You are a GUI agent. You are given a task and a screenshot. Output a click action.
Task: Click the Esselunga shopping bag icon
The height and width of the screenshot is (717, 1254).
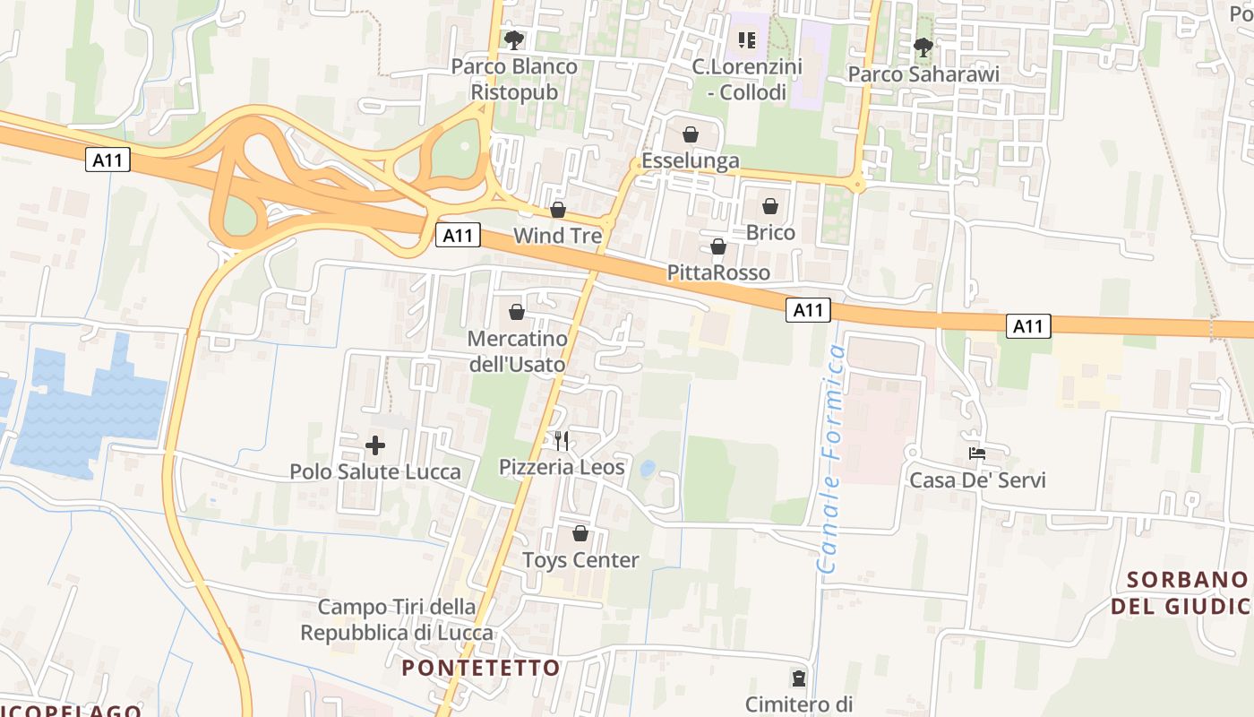pyautogui.click(x=691, y=135)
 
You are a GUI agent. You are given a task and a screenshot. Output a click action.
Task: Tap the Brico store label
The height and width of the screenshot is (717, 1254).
pyautogui.click(x=770, y=233)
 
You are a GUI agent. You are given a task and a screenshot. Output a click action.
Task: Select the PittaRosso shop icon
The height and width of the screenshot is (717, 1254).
pyautogui.click(x=717, y=246)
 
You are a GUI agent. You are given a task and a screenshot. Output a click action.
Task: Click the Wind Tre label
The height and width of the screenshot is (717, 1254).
pyautogui.click(x=557, y=236)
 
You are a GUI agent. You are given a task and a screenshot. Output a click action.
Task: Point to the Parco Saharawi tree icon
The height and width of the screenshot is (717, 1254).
pyautogui.click(x=923, y=47)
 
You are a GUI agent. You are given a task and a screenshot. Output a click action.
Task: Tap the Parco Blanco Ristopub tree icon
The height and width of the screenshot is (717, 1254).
pyautogui.click(x=513, y=39)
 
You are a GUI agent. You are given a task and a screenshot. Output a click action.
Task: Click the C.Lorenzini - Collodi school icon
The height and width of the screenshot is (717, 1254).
pyautogui.click(x=746, y=39)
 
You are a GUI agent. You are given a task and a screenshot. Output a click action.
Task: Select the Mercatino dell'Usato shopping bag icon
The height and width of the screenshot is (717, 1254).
pyautogui.click(x=517, y=312)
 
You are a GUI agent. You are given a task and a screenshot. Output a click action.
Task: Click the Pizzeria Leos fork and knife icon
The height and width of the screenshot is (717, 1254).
pyautogui.click(x=562, y=440)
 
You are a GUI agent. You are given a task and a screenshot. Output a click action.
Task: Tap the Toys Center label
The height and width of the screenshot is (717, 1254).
pyautogui.click(x=580, y=560)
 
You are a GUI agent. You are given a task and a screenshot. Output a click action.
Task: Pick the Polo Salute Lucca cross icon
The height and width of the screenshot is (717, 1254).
pyautogui.click(x=375, y=445)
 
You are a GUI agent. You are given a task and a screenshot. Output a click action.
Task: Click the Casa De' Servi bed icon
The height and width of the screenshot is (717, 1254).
pyautogui.click(x=977, y=454)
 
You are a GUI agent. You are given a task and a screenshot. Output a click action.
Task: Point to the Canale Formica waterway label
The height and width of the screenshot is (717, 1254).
pyautogui.click(x=832, y=459)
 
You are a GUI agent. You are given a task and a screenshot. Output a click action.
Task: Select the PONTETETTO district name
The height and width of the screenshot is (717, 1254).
pyautogui.click(x=481, y=668)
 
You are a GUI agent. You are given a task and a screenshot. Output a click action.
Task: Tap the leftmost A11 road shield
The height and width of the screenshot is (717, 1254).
pyautogui.click(x=109, y=160)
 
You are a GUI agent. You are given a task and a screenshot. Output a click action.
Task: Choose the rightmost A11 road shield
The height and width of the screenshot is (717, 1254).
pyautogui.click(x=1028, y=326)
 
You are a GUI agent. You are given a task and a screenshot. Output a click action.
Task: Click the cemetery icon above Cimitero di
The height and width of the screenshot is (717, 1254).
pyautogui.click(x=798, y=678)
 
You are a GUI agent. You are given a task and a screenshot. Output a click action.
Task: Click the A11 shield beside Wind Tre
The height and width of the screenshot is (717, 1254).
pyautogui.click(x=458, y=236)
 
